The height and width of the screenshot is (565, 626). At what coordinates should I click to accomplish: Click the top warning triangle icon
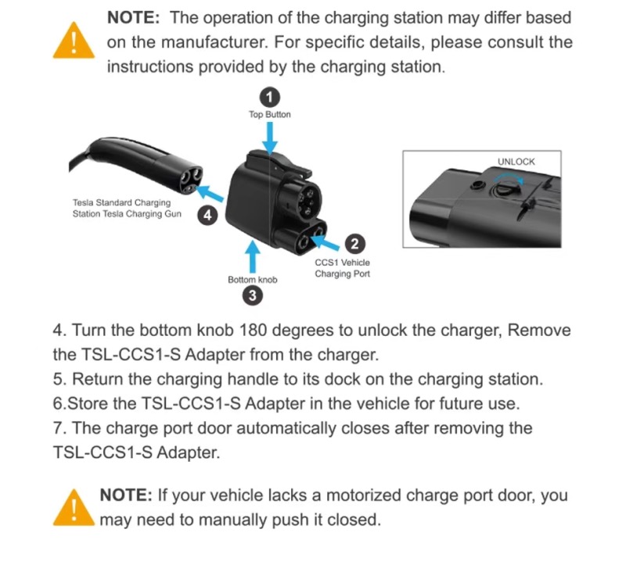[x=74, y=41]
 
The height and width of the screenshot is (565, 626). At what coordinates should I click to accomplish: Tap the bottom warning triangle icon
[x=74, y=508]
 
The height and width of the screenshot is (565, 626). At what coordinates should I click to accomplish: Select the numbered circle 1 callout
[x=269, y=97]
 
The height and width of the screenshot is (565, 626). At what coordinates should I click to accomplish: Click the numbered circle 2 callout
[x=354, y=243]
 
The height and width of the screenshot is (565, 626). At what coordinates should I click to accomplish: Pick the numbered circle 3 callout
[x=252, y=296]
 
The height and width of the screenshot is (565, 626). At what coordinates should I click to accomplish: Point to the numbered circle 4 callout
[x=207, y=216]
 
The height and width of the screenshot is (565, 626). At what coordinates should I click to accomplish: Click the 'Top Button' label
[x=270, y=114]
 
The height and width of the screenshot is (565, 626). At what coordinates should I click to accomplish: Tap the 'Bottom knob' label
[x=252, y=280]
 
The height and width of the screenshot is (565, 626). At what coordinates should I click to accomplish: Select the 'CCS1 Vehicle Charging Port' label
[x=342, y=268]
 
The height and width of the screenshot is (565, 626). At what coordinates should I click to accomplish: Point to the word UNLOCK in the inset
[x=516, y=162]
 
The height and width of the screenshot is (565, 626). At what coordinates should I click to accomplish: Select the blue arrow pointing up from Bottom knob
[x=252, y=257]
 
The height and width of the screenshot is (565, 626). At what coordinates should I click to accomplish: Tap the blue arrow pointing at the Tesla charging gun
[x=210, y=193]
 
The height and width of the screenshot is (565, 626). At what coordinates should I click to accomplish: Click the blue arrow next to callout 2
[x=325, y=242]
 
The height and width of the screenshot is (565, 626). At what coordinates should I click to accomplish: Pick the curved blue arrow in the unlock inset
[x=509, y=177]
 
